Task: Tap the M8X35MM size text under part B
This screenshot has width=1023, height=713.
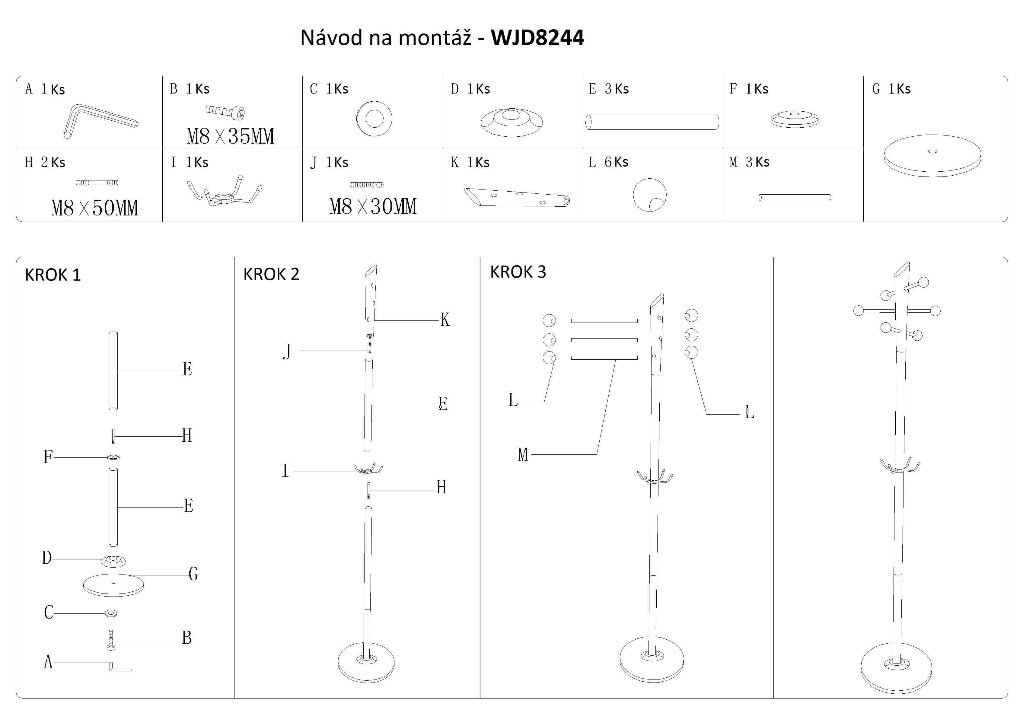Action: click(x=230, y=136)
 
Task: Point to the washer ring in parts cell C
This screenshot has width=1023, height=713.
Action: click(x=374, y=119)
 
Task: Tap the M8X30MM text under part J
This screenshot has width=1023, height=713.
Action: click(x=373, y=206)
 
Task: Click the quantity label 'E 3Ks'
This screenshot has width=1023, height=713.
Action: click(x=609, y=89)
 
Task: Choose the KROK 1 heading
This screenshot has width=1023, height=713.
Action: click(x=53, y=275)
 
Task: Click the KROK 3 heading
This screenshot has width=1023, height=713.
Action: click(x=518, y=272)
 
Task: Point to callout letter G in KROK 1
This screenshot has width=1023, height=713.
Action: click(x=193, y=574)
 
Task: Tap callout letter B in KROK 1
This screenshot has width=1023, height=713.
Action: click(x=187, y=638)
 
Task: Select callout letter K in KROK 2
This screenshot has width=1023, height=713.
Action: click(x=445, y=320)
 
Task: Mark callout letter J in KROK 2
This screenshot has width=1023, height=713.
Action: click(x=287, y=351)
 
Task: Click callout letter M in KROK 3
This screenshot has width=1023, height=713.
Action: click(x=523, y=455)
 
